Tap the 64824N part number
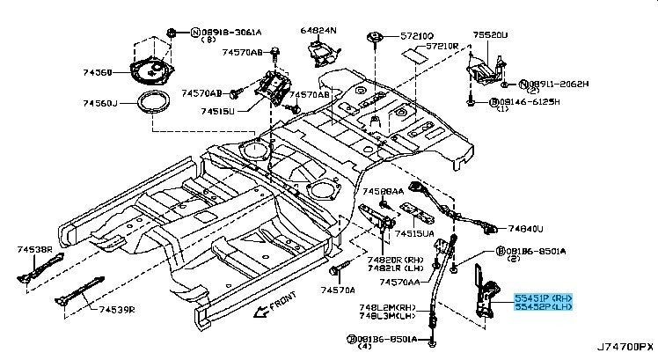(x=318, y=30)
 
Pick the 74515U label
(x=217, y=111)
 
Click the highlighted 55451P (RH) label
(x=544, y=298)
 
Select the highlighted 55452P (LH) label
(x=544, y=308)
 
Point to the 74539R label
(x=117, y=309)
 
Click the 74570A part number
(x=338, y=290)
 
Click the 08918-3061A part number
(x=231, y=32)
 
